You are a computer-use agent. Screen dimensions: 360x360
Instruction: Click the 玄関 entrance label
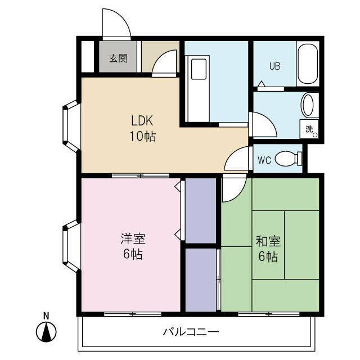point(117,58)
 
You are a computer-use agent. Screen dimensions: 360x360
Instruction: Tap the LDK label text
point(142,120)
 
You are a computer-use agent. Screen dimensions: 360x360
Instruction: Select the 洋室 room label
point(133,238)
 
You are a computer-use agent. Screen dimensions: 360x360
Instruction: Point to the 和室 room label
point(268,241)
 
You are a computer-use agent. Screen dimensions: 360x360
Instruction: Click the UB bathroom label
point(274,65)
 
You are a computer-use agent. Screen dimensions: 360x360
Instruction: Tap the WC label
point(264,160)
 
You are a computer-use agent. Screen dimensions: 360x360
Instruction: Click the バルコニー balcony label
point(191,331)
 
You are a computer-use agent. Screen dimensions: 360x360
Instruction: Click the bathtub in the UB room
point(308,63)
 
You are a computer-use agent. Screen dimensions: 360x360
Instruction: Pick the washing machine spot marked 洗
point(310,129)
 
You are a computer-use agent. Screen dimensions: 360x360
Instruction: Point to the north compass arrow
point(47,332)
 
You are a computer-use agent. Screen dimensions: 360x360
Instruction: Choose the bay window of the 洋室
point(71,247)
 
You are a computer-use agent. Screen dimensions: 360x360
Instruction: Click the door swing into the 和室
point(231,189)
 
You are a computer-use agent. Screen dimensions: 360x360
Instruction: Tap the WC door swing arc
point(236,159)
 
